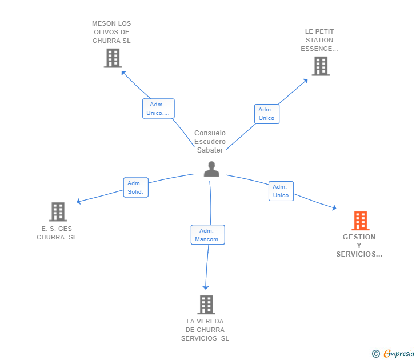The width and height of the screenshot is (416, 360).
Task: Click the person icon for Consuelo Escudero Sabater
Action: [211, 169]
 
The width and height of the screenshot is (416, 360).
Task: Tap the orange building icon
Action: [360, 221]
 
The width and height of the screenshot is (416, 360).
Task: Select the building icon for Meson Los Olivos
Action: [113, 58]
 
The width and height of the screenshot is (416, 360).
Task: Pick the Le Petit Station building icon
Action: [321, 66]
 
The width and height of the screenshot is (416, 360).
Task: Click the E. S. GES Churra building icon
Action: [58, 211]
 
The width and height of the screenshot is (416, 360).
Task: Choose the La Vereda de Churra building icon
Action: [206, 305]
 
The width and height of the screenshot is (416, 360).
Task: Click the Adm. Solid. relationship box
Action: [136, 187]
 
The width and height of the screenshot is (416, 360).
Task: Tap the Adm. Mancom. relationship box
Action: [208, 234]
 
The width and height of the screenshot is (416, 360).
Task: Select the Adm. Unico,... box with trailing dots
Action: [158, 109]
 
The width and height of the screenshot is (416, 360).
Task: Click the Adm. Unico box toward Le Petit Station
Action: [267, 114]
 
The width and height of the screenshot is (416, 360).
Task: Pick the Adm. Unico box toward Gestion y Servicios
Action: [281, 191]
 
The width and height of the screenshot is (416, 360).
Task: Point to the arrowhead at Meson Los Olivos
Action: [123, 73]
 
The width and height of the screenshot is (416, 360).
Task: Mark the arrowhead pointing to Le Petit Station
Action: [306, 81]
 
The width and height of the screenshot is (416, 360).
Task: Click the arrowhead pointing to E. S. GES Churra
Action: [78, 201]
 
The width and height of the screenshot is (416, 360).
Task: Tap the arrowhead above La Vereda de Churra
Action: [206, 287]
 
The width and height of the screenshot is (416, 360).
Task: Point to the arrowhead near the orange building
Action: [334, 208]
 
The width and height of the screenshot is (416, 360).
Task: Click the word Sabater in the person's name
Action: [210, 150]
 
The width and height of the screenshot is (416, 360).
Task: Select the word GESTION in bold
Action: [359, 237]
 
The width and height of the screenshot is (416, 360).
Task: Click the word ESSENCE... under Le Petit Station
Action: [319, 49]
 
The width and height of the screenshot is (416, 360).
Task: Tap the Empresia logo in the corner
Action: [393, 353]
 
